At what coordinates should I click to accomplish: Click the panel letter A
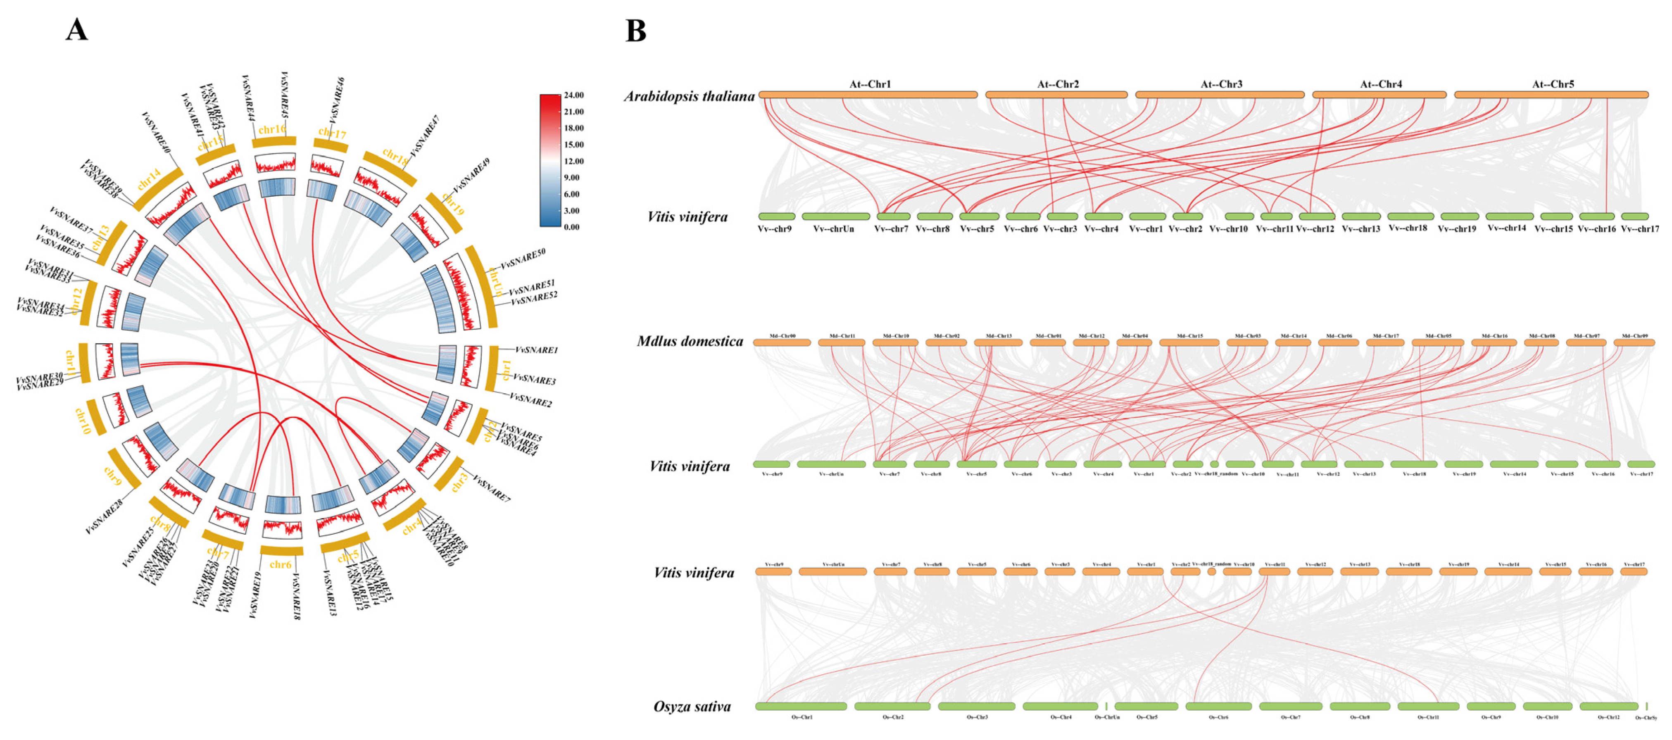click(76, 30)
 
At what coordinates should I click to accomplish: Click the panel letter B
click(635, 31)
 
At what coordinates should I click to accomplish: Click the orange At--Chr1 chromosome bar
click(868, 95)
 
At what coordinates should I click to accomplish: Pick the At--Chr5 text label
click(1553, 84)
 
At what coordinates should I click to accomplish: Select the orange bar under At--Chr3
click(1220, 95)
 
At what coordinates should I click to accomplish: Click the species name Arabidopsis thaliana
click(689, 97)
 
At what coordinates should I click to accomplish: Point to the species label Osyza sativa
click(692, 706)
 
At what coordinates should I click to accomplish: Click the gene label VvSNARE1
click(536, 350)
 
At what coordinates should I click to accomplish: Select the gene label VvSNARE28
click(104, 517)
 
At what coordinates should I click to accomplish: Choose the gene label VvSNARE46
click(337, 100)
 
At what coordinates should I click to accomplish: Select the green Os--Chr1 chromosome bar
click(801, 706)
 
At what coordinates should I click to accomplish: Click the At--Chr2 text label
click(1057, 84)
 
